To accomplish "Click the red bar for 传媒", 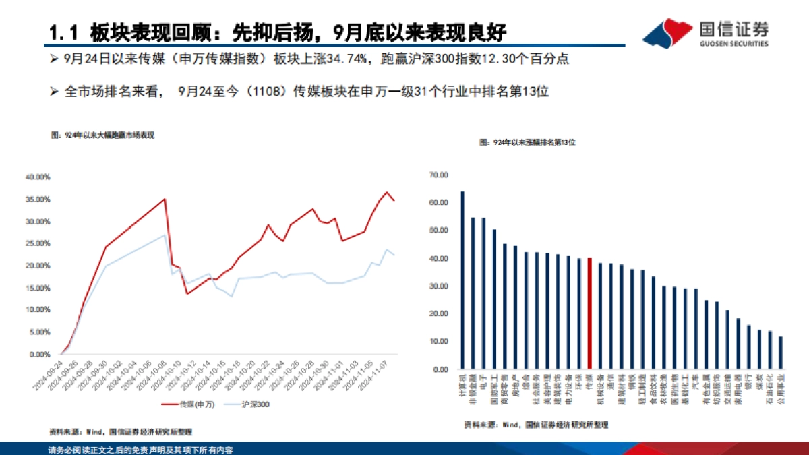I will [590, 313].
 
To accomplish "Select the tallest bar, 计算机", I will [462, 280].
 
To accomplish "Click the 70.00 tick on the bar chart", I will [438, 175].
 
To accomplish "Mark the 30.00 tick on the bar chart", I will [438, 286].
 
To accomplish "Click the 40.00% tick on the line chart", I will [38, 177].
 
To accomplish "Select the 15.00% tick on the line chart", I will [38, 288].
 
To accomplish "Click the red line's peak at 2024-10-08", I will [165, 199].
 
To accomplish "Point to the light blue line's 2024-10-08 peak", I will [165, 235].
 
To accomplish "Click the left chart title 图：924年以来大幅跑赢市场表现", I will [102, 135].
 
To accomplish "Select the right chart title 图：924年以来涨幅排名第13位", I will [528, 143].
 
